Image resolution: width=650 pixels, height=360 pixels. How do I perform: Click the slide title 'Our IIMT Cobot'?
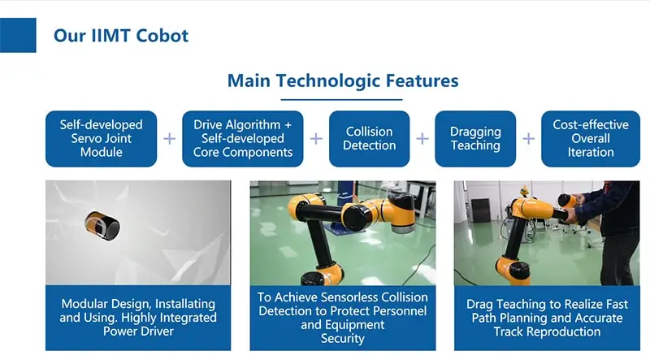coord(120,36)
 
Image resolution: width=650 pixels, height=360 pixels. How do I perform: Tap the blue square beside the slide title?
coord(18,35)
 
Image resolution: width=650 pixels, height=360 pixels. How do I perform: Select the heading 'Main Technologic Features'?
coord(343,80)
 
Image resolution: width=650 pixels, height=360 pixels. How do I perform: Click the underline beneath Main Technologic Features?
coord(341,99)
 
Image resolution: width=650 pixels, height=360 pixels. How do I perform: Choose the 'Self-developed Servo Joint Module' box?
coord(101,138)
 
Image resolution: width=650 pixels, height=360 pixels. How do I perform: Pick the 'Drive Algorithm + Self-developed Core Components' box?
coord(242,138)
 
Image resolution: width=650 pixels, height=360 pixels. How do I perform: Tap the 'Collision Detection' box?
coord(370,138)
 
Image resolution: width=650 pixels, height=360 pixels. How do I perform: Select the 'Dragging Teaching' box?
coord(475,138)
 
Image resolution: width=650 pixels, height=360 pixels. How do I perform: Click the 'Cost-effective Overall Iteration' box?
coord(591,138)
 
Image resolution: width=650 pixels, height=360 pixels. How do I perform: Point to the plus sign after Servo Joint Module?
coord(170,138)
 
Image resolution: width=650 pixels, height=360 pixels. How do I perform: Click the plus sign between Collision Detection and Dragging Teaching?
coord(422,138)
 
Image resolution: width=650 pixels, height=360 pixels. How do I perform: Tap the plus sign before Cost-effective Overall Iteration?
coord(529,138)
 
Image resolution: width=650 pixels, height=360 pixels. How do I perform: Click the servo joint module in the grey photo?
coord(102,226)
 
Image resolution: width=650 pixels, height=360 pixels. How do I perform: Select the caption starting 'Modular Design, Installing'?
coord(138,317)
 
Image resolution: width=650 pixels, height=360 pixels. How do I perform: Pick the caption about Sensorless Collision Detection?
coord(342,317)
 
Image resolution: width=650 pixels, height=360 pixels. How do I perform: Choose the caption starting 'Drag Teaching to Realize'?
coord(547,318)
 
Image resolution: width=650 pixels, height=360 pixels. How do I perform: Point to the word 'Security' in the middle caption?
coord(342,338)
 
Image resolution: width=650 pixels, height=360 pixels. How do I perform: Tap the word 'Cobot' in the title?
coord(162,36)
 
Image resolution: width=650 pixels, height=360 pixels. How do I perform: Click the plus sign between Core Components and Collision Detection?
coord(316,138)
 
